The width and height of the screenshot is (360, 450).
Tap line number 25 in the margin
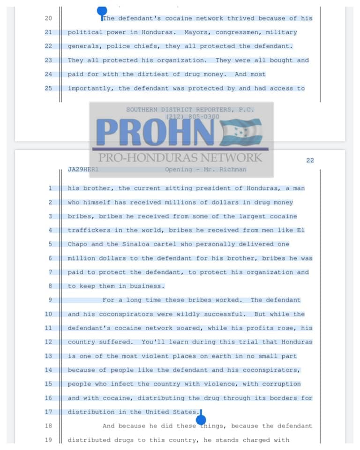(48, 88)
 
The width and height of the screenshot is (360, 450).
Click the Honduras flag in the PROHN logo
(241, 132)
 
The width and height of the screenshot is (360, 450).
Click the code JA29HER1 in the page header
(83, 169)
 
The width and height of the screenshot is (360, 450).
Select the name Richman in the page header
(232, 169)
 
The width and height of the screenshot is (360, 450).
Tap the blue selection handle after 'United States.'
(201, 420)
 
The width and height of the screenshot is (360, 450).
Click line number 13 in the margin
(48, 356)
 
